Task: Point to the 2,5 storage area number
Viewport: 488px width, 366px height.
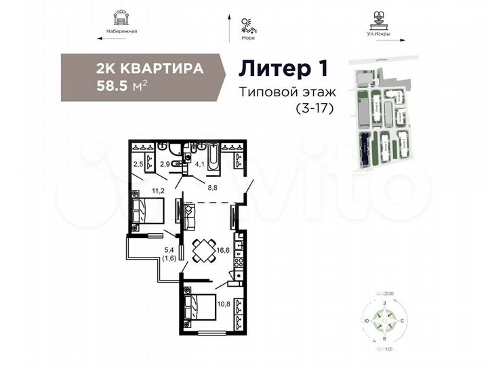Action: pos(138,163)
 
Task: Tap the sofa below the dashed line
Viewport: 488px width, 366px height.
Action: pos(188,216)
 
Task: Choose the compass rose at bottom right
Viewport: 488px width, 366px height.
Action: pos(383,320)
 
